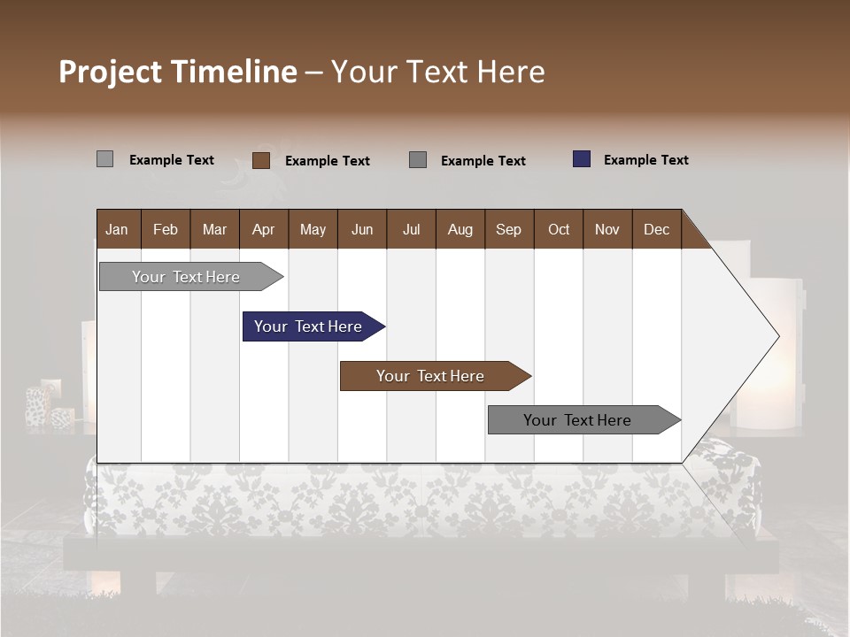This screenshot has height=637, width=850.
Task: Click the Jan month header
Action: point(118,229)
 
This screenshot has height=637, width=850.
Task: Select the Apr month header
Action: point(264,229)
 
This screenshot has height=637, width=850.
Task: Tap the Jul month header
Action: point(411,229)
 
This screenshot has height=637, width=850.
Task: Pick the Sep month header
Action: point(509,229)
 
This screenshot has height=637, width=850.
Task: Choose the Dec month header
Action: point(656,229)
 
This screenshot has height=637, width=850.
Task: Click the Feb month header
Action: point(166,229)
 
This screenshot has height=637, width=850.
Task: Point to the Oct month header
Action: point(559,229)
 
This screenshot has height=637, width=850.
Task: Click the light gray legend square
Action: point(104,159)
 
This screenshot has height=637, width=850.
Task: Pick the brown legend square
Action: point(260,160)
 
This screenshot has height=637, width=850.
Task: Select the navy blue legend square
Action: point(582,159)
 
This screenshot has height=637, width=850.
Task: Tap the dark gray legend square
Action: point(418,160)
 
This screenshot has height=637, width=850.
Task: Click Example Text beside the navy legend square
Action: point(645,160)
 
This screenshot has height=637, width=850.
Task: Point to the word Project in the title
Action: point(110,72)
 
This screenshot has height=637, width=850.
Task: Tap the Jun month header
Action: point(362,229)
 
